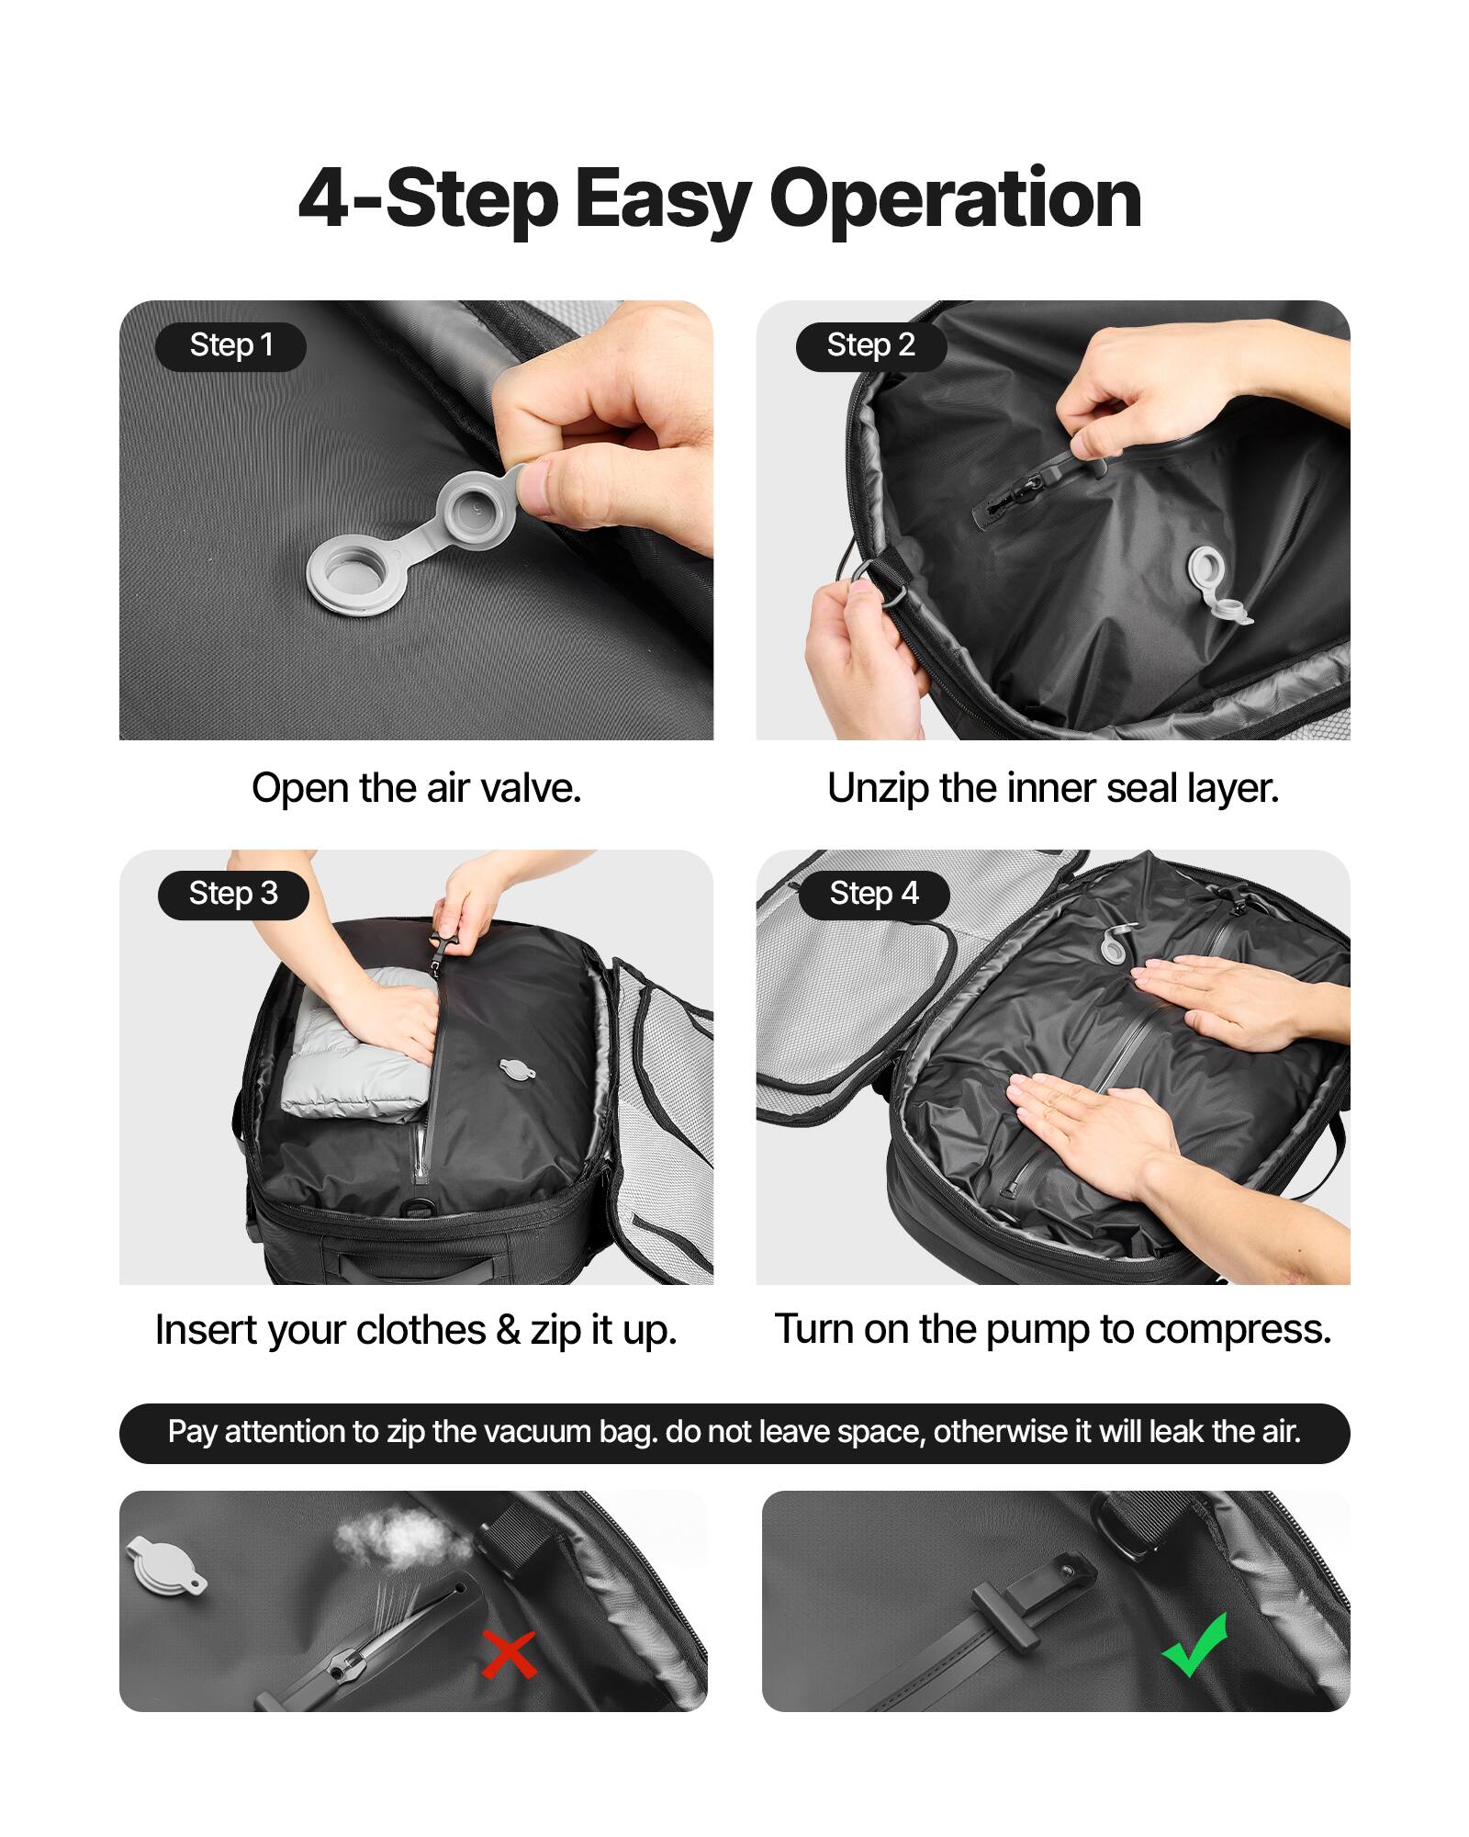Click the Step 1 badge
point(230,346)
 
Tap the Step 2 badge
point(870,346)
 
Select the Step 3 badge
point(233,895)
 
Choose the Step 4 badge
point(873,895)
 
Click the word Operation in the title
point(955,199)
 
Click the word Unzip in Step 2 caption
point(878,788)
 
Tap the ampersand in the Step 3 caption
point(507,1330)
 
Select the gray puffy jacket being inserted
point(353,1056)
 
